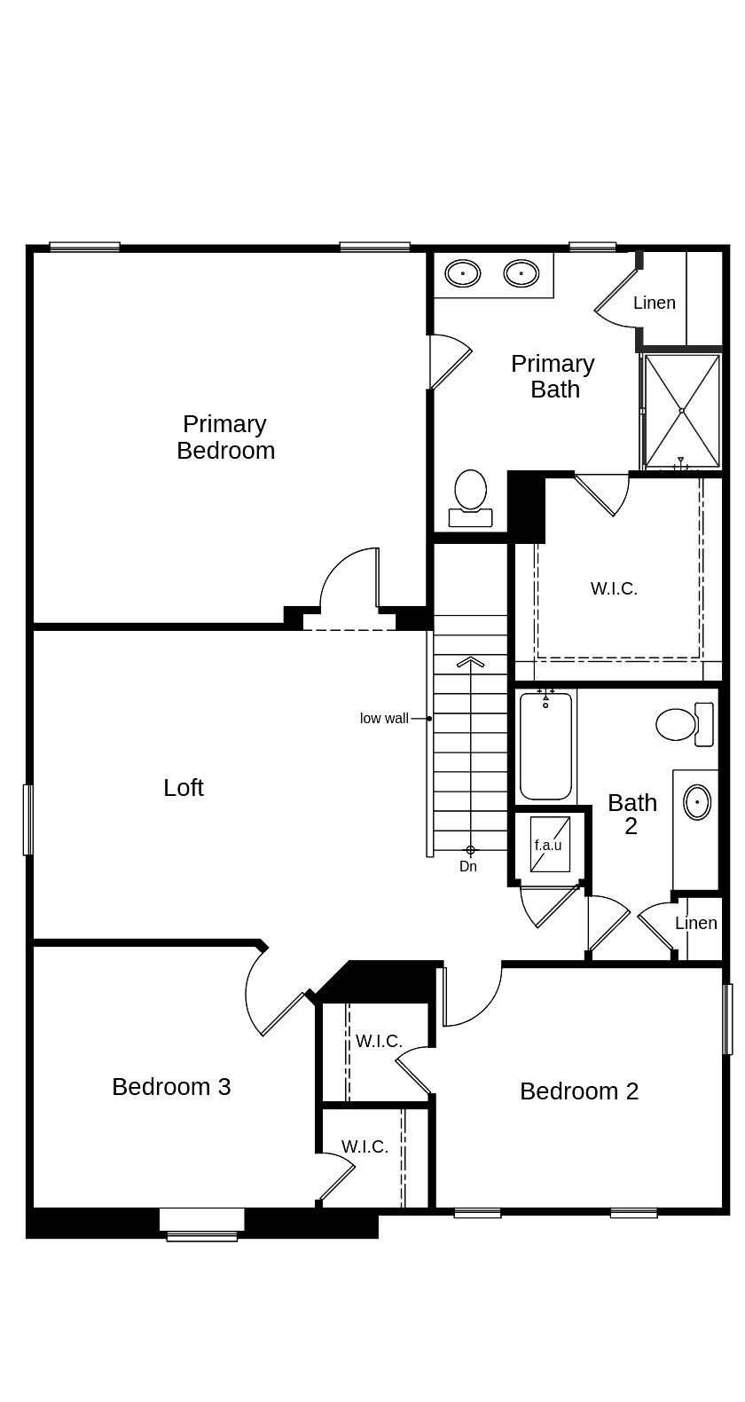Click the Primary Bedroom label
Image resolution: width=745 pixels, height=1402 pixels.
[225, 437]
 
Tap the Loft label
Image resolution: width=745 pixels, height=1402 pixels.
[184, 787]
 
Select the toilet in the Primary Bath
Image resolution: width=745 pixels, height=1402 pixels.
[470, 498]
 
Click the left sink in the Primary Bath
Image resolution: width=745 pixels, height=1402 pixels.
[462, 273]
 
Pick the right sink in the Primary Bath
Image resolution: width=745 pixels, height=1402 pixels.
[521, 273]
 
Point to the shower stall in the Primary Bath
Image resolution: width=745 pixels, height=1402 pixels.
[681, 411]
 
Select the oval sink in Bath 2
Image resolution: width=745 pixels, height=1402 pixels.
[697, 802]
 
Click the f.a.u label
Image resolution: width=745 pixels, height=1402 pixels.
[548, 845]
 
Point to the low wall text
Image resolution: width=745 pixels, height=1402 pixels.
[384, 718]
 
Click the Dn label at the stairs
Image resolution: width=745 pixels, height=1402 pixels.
[468, 866]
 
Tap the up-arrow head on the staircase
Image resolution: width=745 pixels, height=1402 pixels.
[470, 662]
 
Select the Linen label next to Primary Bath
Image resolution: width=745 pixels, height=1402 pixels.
[655, 303]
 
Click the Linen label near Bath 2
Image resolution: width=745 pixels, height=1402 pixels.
[696, 923]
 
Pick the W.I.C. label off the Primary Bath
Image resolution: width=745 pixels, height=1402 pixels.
[614, 588]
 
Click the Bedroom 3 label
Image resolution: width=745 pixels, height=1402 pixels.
[171, 1086]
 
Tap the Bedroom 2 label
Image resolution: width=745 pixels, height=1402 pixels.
[579, 1091]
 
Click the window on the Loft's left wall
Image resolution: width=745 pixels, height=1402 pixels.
[27, 819]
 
